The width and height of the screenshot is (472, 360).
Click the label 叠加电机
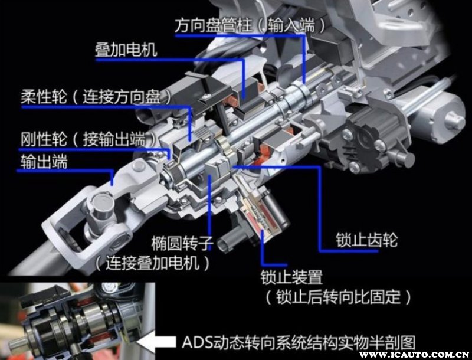coord(126,50)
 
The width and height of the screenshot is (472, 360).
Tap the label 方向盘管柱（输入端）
coord(250,24)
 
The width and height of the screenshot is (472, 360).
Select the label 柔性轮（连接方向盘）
coord(96,96)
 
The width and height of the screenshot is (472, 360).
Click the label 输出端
coord(44,161)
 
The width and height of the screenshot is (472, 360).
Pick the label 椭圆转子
coord(182,243)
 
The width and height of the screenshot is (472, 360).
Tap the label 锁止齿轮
coord(366,240)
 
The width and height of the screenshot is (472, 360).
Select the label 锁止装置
coord(291,277)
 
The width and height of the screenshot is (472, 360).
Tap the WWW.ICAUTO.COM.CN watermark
coord(414,355)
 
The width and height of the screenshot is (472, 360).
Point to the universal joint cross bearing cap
coord(102,202)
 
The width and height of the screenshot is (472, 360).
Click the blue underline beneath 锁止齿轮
coord(349,250)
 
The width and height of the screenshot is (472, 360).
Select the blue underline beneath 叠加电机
coord(169,60)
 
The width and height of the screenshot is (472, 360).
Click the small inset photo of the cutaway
coord(78,321)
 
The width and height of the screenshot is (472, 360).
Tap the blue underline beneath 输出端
coord(65,171)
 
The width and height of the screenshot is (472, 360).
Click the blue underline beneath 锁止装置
coord(274,265)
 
